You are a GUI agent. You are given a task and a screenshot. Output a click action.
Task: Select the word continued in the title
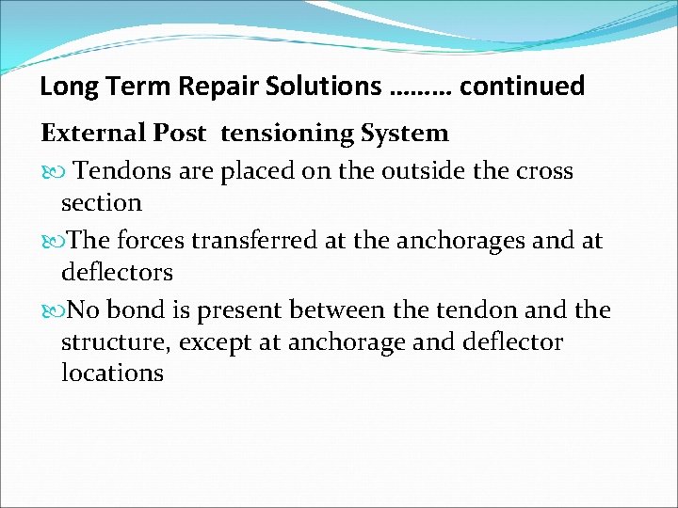coord(523,87)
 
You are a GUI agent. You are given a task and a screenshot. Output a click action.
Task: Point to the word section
coord(101,202)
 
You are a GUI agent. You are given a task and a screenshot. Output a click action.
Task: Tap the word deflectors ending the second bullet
coord(117,273)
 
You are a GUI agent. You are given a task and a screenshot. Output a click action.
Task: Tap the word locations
coord(112,373)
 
